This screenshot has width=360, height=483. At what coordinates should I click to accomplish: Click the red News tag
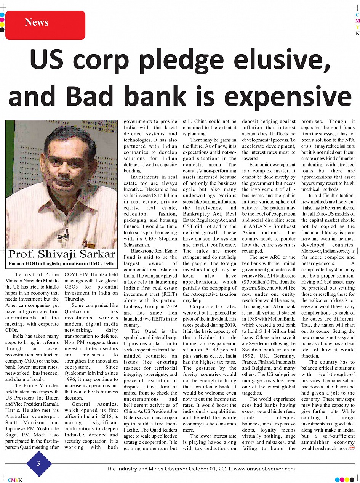(x=45, y=24)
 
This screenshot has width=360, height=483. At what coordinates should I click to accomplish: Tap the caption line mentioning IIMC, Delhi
(x=61, y=263)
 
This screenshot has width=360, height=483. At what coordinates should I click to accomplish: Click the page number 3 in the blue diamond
(x=38, y=463)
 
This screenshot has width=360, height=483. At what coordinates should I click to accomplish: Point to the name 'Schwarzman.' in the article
(x=140, y=245)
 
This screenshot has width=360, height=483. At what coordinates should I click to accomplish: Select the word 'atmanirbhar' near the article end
(x=316, y=442)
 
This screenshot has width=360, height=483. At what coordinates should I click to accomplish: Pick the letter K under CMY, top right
(x=357, y=34)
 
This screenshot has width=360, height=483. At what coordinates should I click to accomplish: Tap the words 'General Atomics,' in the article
(x=91, y=404)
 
